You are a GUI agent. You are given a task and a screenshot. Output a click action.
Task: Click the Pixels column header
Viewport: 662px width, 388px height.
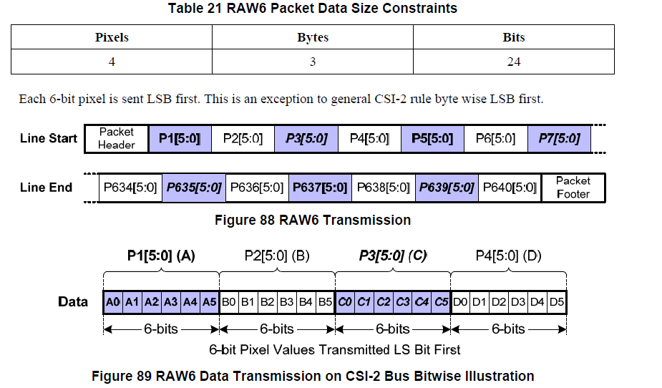coord(112,37)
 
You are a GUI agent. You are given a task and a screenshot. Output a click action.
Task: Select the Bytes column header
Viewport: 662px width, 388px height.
coord(313,37)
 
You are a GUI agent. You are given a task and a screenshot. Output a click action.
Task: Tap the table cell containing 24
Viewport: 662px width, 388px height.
coord(513,62)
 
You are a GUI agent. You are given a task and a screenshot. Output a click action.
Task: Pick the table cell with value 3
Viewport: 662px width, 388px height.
coord(313,62)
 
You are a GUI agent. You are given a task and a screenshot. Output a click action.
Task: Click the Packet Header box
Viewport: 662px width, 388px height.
coord(117,138)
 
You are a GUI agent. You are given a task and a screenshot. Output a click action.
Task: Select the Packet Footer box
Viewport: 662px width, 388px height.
coord(573,188)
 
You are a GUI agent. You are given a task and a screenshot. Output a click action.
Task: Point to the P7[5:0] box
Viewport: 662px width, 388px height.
coord(560,138)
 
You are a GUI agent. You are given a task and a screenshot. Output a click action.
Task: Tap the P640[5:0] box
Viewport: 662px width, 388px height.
coord(510,188)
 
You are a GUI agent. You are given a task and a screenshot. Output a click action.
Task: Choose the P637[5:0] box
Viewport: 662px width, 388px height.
coord(320,188)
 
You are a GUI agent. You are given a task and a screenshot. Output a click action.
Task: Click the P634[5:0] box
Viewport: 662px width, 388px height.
coord(130,188)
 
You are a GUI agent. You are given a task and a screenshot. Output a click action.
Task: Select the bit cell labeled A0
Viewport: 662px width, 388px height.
coord(112,301)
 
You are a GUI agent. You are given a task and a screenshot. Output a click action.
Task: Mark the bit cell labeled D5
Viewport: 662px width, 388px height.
coord(557,301)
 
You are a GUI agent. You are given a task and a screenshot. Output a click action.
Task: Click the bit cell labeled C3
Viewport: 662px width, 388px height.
coord(403,301)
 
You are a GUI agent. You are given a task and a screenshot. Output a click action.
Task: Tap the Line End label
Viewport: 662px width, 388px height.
coord(47,188)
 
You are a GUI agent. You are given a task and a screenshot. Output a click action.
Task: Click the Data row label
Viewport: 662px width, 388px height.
coord(73,301)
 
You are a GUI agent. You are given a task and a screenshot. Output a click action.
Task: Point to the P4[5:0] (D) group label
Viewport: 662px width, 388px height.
coord(507,256)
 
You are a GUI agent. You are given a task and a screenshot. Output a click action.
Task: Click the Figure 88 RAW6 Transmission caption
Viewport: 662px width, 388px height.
coord(313,220)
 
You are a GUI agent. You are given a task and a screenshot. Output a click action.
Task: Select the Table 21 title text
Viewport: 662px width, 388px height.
coord(313,9)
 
